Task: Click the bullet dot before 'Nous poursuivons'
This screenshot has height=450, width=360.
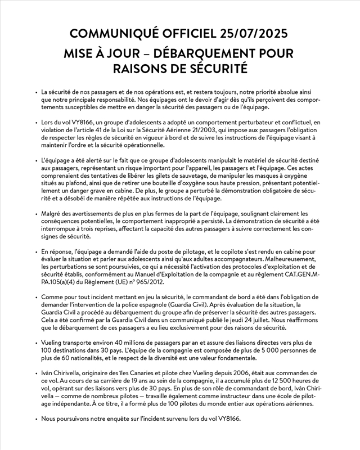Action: pyautogui.click(x=36, y=419)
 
